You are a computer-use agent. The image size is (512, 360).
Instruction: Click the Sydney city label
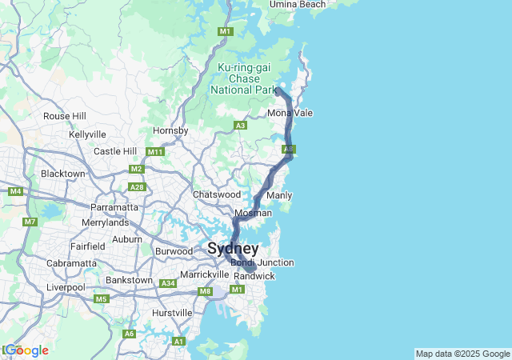[233, 249]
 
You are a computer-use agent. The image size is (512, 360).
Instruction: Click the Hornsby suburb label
[170, 130]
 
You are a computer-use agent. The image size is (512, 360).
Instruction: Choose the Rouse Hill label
[65, 116]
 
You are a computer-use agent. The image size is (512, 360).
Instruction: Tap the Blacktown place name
[62, 174]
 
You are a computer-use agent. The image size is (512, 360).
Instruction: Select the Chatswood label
[216, 194]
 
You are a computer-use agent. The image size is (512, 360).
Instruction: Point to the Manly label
[279, 196]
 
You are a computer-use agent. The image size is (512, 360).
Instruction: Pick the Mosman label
[253, 214]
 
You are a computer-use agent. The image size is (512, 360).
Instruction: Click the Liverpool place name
[66, 286]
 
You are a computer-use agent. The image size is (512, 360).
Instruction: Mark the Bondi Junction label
[262, 262]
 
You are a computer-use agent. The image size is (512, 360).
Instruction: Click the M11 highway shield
[154, 151]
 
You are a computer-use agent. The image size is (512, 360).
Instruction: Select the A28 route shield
[138, 187]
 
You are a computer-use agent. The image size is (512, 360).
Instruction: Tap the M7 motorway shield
[30, 222]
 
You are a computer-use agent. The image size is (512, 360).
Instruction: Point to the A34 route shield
[168, 283]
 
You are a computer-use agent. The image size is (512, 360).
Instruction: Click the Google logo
[26, 350]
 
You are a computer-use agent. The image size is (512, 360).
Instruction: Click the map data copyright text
[462, 354]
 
